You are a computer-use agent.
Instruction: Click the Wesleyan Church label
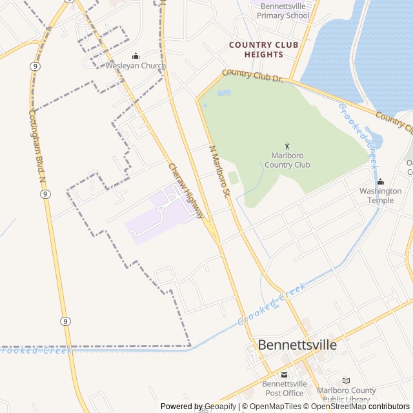pos(136,66)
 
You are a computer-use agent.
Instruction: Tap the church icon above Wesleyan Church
pos(136,56)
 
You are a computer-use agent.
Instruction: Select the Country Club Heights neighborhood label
pos(264,50)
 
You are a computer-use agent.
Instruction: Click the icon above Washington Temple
pos(380,182)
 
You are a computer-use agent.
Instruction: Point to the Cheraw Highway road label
pos(187,190)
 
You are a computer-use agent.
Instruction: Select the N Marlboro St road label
pos(220,171)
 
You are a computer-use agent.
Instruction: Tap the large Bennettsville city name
pos(297,345)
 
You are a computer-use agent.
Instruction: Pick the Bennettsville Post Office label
pos(284,388)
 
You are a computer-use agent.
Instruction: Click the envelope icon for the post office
pos(284,375)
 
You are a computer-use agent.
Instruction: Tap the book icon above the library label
pos(347,381)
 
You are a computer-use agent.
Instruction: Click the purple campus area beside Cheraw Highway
pos(158,216)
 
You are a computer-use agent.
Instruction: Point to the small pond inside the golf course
pos(224,94)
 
